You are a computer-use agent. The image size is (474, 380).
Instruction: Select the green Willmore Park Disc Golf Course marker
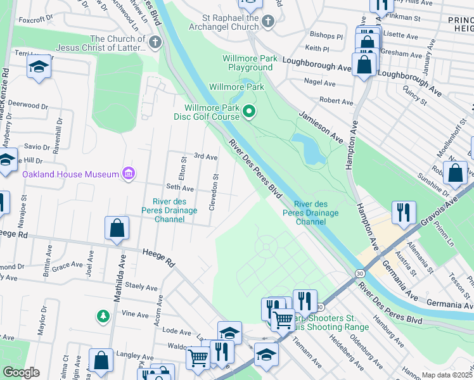249,113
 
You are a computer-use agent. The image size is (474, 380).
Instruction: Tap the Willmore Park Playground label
250,63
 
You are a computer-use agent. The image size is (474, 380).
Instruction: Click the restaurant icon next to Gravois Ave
404,212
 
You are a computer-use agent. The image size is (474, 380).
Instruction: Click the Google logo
21,372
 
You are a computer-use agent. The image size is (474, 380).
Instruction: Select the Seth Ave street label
179,188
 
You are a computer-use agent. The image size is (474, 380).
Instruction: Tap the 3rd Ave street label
205,156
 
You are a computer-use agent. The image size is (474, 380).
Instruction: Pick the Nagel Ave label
319,83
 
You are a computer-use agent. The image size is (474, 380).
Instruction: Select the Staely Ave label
141,286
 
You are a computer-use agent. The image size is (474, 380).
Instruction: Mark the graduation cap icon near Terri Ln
39,66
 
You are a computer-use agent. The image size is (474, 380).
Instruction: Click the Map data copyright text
447,375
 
